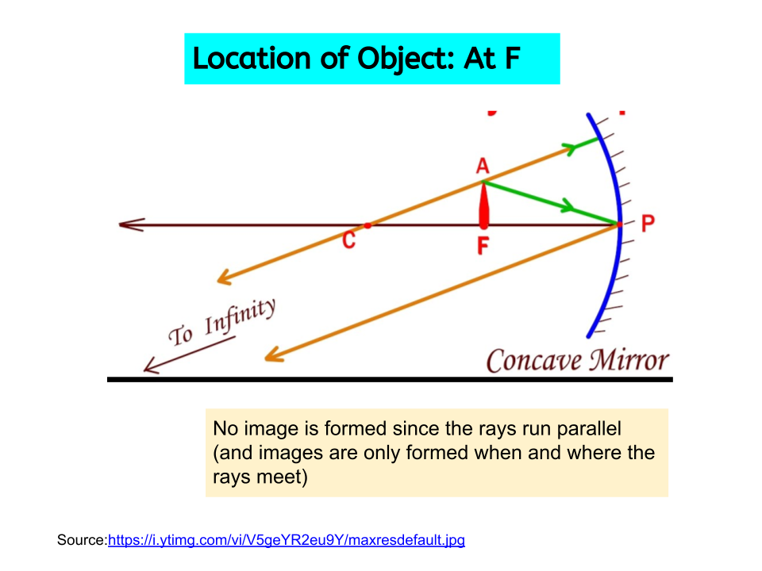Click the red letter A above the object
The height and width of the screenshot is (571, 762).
pyautogui.click(x=482, y=166)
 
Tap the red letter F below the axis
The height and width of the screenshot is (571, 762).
pyautogui.click(x=483, y=245)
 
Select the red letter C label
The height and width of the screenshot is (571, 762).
pyautogui.click(x=348, y=240)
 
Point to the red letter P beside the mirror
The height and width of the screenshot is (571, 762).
pyautogui.click(x=648, y=224)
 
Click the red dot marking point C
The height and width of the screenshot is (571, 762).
pyautogui.click(x=368, y=225)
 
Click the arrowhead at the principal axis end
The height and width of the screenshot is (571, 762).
pyautogui.click(x=132, y=224)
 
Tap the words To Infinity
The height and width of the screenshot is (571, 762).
pyautogui.click(x=222, y=322)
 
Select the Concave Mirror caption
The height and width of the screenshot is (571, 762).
pyautogui.click(x=577, y=361)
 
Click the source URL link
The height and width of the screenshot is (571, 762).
pyautogui.click(x=287, y=540)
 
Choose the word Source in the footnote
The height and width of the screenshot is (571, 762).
pyautogui.click(x=81, y=540)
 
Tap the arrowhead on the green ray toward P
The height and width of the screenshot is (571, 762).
pyautogui.click(x=567, y=205)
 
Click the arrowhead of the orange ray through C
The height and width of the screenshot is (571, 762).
pyautogui.click(x=225, y=278)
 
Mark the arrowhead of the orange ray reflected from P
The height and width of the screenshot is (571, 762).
pyautogui.click(x=274, y=355)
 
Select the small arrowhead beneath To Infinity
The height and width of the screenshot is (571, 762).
pyautogui.click(x=151, y=366)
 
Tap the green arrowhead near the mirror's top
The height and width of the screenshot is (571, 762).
pyautogui.click(x=569, y=148)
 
